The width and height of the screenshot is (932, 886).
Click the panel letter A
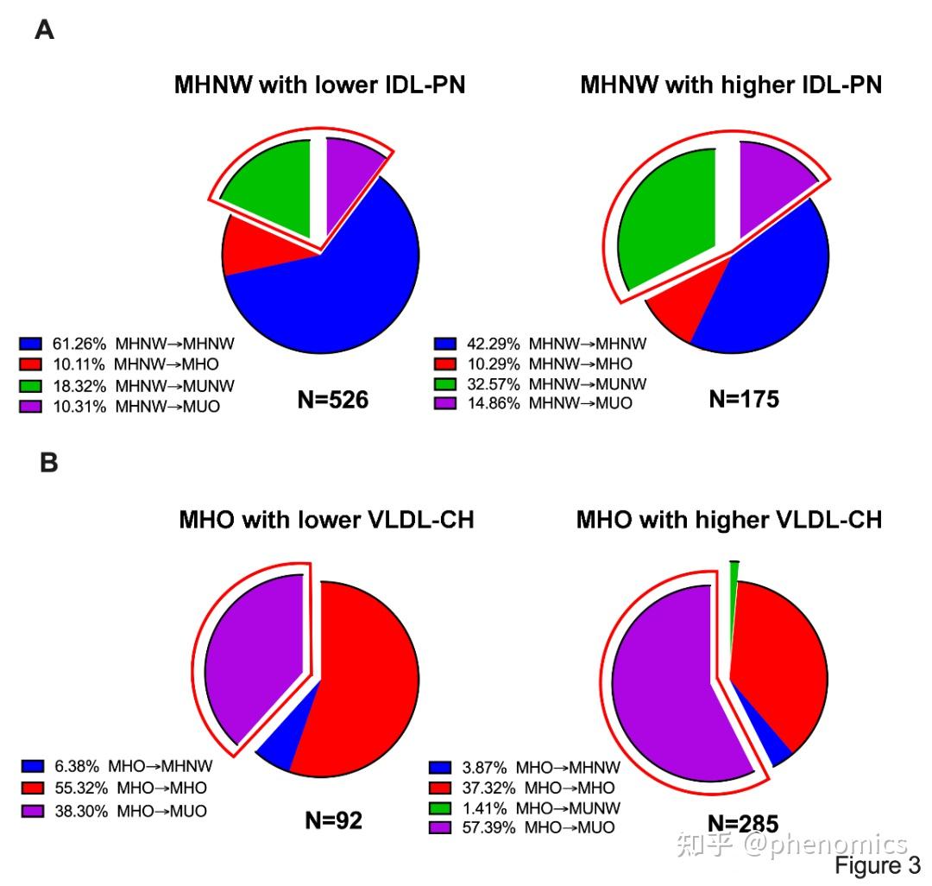tap(44, 30)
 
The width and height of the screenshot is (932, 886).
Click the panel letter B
tap(48, 464)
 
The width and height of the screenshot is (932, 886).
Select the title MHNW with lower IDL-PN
tap(319, 85)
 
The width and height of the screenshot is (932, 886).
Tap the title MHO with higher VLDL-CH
tap(729, 521)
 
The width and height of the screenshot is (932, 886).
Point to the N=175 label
tap(744, 399)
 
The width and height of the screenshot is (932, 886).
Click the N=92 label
tap(333, 820)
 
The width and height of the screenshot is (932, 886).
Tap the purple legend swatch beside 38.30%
tap(33, 811)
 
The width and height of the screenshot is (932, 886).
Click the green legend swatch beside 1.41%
tap(439, 808)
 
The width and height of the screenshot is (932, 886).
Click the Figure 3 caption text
tap(877, 865)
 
